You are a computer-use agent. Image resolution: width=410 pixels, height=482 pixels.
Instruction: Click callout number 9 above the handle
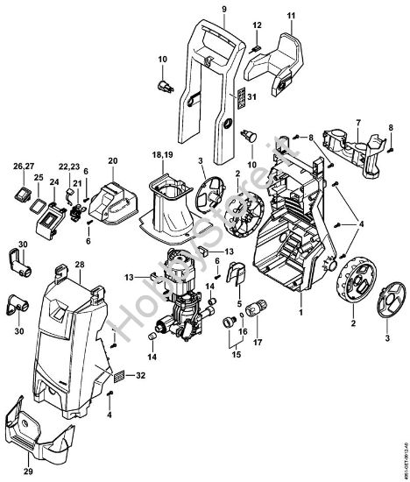(223, 9)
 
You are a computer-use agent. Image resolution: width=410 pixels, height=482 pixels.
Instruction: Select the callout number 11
(291, 17)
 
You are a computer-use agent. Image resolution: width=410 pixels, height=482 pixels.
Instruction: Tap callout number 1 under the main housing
(300, 311)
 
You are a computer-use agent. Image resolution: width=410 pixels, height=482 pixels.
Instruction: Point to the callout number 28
(79, 264)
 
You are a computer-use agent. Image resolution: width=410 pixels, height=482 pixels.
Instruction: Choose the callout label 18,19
(163, 153)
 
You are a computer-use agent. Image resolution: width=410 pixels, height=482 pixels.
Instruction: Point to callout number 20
(111, 161)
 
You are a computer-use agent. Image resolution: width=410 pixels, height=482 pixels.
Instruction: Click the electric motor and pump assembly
(179, 294)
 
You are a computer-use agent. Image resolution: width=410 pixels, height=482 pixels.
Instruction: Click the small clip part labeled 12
(255, 46)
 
